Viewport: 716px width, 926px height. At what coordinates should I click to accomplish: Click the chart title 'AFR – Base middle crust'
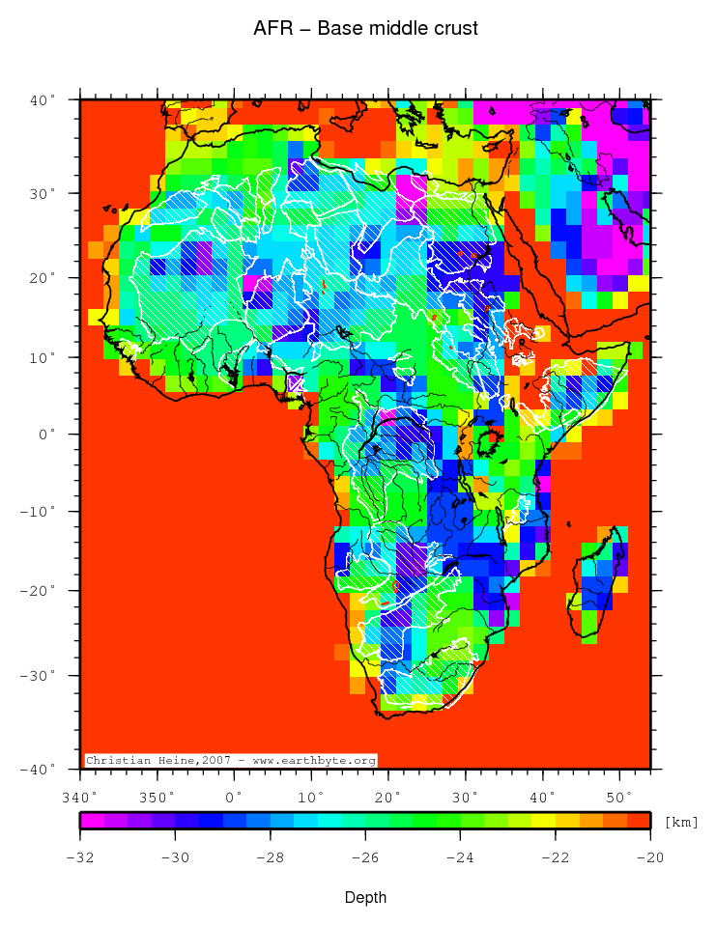[x=365, y=29]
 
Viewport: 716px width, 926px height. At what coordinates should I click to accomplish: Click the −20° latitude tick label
[x=40, y=590]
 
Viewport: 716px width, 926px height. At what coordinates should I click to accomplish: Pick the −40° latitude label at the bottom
[x=40, y=770]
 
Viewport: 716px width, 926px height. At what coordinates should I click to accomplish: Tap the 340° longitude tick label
[x=79, y=797]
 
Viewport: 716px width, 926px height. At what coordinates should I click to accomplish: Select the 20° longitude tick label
[x=388, y=797]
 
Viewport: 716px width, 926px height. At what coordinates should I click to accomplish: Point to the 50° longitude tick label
[x=619, y=797]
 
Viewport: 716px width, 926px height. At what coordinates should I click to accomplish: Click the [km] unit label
[x=681, y=822]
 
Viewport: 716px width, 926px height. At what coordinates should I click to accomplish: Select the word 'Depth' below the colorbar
[x=365, y=898]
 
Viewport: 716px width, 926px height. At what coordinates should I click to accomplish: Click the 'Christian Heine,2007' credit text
[x=155, y=761]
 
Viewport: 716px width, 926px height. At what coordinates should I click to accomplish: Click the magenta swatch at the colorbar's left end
[x=92, y=821]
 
